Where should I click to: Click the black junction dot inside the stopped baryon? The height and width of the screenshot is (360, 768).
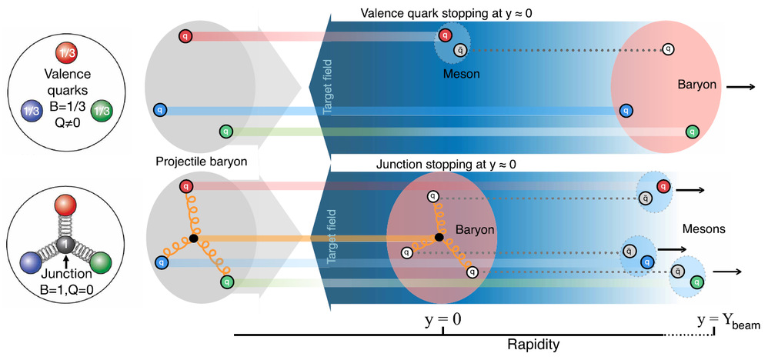point(439,238)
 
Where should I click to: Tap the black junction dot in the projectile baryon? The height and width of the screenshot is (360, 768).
point(193,238)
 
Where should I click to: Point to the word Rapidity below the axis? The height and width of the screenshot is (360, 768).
point(533,345)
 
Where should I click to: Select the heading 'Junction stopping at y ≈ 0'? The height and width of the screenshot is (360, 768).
point(446,164)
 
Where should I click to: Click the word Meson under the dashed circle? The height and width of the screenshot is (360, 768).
point(461,74)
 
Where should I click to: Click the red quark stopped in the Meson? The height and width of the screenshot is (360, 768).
point(445,35)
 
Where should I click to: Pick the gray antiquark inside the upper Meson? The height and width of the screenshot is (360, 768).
point(460,49)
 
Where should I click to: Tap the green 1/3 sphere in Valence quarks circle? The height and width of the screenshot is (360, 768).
point(102,111)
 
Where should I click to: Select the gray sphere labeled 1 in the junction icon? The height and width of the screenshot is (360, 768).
point(66,245)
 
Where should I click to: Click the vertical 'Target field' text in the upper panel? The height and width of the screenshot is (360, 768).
point(327,86)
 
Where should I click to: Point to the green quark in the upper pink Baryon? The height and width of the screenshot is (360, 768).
point(692,132)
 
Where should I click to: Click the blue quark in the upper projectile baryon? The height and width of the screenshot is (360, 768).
point(159,110)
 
